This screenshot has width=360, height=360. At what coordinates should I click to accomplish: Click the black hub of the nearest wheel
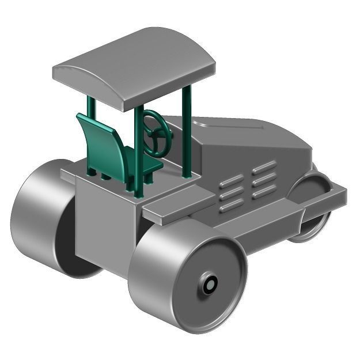(210, 284)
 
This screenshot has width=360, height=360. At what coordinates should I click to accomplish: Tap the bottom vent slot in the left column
(231, 205)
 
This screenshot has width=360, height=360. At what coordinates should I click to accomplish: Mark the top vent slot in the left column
(231, 181)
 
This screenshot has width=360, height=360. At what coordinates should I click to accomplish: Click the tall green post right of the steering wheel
(187, 132)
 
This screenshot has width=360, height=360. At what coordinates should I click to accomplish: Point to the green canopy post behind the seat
(91, 109)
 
